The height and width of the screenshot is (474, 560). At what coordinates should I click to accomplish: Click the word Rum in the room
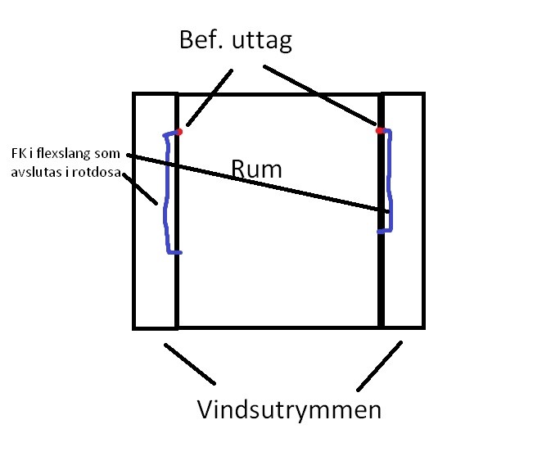click(x=257, y=169)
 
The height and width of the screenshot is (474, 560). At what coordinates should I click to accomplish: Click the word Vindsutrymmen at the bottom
click(x=289, y=409)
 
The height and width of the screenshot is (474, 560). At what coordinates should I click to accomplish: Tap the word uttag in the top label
click(x=262, y=41)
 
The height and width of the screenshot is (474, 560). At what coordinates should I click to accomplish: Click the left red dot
click(x=178, y=131)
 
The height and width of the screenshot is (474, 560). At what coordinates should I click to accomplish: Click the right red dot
click(x=379, y=130)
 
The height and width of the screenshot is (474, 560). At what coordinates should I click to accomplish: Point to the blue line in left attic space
click(x=167, y=196)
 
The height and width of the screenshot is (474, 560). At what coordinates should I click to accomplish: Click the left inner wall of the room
click(x=176, y=287)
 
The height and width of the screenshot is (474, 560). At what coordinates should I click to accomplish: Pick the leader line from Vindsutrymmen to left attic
click(x=190, y=363)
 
